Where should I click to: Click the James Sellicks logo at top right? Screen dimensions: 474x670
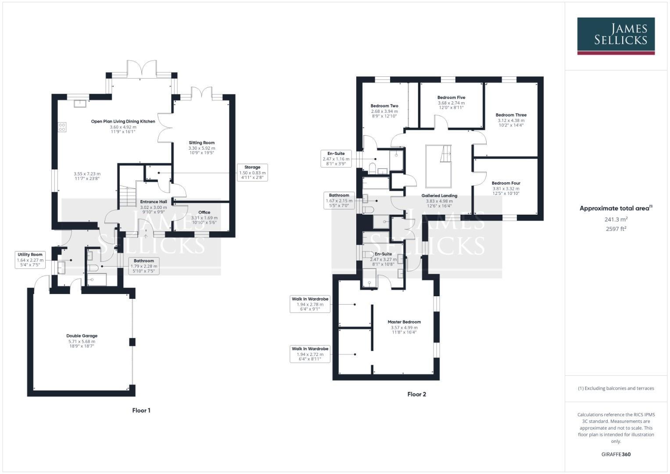[616, 36]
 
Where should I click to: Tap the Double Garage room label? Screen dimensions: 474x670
[82, 336]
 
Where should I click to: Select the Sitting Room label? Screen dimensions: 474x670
[202, 143]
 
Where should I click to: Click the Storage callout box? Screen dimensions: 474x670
[252, 172]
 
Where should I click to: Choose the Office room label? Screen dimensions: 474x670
[204, 212]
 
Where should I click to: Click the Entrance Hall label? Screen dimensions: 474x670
[154, 202]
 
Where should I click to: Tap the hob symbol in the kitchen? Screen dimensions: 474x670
[62, 127]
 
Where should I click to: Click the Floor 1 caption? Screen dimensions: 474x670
[141, 410]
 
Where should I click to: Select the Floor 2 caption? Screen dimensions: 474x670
[416, 394]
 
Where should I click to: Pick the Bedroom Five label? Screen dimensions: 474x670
[451, 98]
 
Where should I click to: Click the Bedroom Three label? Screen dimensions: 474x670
[511, 115]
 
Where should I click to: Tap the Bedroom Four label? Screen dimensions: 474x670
[506, 183]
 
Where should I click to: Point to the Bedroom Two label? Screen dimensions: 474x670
[384, 106]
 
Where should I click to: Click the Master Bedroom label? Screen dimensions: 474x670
[404, 322]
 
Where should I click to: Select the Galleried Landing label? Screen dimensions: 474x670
[439, 196]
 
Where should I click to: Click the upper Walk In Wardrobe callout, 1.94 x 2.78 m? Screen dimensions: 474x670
[310, 304]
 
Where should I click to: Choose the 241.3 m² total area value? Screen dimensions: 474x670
[616, 219]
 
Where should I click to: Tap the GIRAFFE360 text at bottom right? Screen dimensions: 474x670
[616, 454]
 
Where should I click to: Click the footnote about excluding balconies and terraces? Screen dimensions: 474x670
[616, 388]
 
